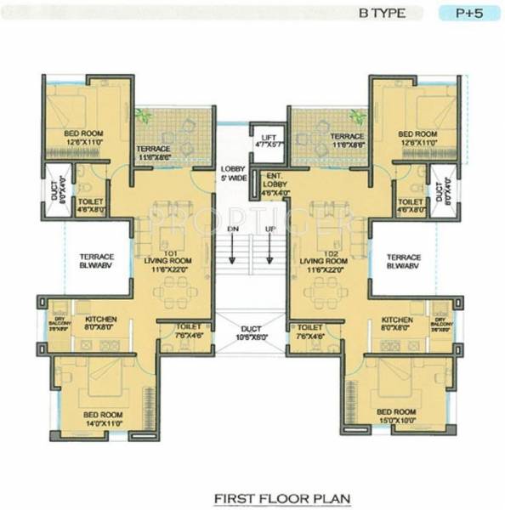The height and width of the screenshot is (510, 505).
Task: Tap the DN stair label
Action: [231, 230]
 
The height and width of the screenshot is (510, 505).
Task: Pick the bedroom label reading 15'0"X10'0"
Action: [396, 417]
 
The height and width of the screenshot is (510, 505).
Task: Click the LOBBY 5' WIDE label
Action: [231, 174]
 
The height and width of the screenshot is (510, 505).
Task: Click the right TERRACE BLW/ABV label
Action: [403, 259]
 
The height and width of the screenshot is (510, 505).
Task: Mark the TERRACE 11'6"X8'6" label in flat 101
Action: [154, 153]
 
